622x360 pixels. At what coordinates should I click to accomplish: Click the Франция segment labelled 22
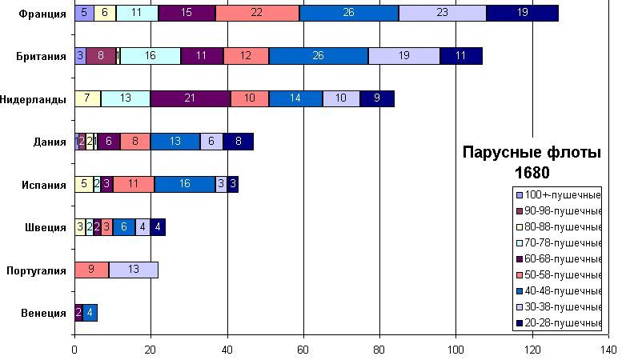coord(257,13)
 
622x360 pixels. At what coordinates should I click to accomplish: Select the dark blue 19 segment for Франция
coord(523,13)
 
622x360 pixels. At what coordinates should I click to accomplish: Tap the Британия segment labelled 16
coord(150,56)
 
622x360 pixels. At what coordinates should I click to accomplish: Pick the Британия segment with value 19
coord(404,56)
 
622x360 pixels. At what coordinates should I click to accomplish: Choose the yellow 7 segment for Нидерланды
coord(87,98)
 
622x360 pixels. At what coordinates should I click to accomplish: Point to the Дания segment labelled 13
coord(175,142)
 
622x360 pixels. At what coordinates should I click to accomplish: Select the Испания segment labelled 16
coord(185,185)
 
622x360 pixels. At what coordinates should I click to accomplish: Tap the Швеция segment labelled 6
coord(123,227)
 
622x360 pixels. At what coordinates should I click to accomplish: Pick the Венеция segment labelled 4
coord(90,313)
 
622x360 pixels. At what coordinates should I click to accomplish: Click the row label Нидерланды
coord(34,99)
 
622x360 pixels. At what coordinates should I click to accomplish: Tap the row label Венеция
coord(44,313)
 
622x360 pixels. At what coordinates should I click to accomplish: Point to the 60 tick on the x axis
coord(303,350)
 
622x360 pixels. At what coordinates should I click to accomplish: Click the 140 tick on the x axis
coord(607,350)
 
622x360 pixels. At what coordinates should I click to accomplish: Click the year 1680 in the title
coord(532,172)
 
